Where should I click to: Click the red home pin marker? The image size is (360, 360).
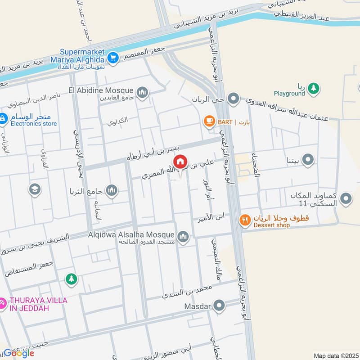180,162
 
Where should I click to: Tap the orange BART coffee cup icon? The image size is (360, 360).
208,121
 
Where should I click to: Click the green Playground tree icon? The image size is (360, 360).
314,88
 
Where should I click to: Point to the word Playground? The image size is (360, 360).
289,94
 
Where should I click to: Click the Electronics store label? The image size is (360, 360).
34,123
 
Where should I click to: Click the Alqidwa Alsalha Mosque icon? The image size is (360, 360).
183,236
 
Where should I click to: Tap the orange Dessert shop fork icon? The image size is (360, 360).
245,220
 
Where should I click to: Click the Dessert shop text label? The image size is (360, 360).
271,225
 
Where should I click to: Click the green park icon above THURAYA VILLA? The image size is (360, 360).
71,279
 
